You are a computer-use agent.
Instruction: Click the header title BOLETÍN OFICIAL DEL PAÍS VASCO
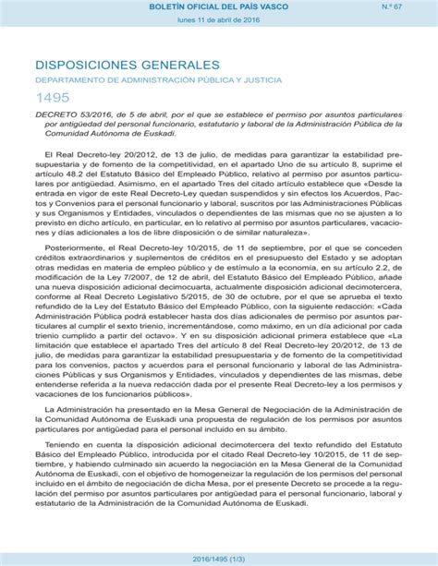tap(218, 7)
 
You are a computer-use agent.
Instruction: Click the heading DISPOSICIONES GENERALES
tap(128, 66)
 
